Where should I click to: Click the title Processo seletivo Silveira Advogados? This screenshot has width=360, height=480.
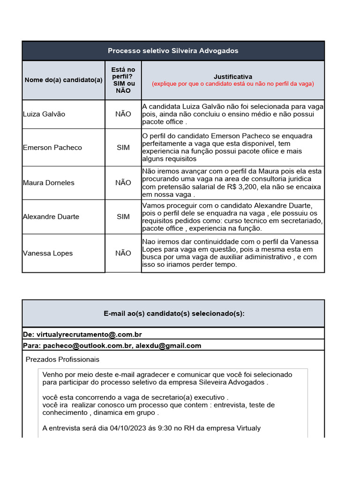tap(173, 51)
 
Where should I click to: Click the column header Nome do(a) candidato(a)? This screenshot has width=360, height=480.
tap(63, 80)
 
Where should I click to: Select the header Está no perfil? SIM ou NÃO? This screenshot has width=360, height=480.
tap(123, 80)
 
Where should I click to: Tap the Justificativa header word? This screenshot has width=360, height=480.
tap(232, 76)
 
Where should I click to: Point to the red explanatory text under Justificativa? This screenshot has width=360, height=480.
tap(232, 84)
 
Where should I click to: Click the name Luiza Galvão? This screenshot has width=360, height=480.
tap(44, 114)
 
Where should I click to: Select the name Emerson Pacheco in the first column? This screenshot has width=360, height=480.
tap(52, 148)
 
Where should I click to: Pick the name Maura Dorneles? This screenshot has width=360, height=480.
tap(48, 183)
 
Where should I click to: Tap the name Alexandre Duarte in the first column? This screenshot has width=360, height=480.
tap(51, 217)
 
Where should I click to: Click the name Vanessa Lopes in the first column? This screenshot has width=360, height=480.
tap(48, 253)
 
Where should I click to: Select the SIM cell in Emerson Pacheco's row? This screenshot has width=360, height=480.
tap(123, 148)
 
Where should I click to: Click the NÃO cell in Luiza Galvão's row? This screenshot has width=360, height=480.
tap(123, 114)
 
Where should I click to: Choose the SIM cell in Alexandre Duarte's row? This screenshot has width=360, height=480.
tap(123, 217)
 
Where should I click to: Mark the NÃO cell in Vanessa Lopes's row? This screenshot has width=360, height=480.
tap(123, 253)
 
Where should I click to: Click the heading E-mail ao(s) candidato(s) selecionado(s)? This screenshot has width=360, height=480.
tap(173, 314)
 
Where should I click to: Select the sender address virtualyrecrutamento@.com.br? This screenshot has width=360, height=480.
tap(89, 334)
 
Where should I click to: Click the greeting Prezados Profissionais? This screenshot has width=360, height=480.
tap(62, 360)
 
